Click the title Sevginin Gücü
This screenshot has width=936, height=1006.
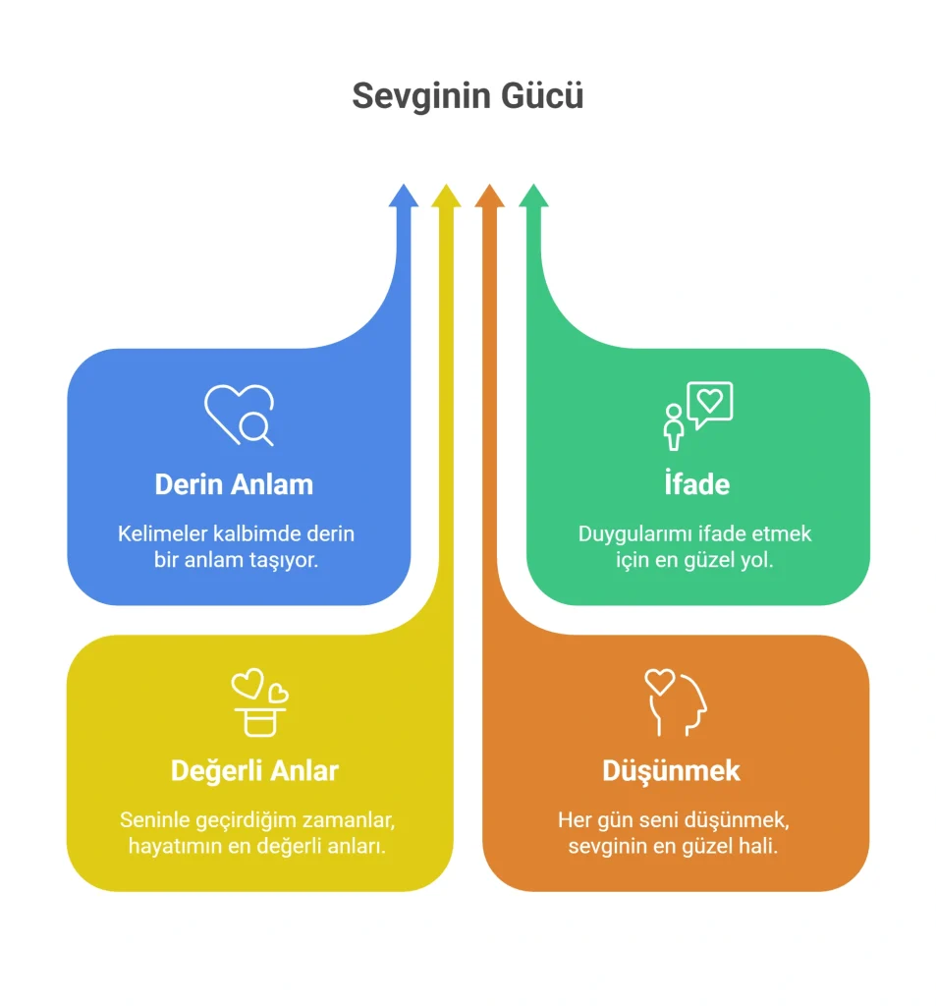tap(468, 96)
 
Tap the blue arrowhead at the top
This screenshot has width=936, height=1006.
tap(404, 196)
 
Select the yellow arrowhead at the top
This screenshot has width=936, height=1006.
tap(446, 196)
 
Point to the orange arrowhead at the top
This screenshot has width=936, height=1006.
tap(489, 196)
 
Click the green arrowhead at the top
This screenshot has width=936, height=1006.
tap(533, 196)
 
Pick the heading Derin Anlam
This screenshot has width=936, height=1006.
tap(234, 484)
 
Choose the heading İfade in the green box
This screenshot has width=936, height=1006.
tap(696, 482)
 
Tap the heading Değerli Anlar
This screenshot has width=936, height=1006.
tap(254, 771)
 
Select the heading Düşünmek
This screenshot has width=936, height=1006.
tap(671, 771)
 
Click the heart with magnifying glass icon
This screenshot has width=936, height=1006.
tap(239, 416)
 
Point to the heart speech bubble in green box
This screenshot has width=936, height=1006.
tap(709, 405)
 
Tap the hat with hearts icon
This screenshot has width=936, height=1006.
tap(260, 702)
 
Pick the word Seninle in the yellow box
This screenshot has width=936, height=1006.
tap(154, 820)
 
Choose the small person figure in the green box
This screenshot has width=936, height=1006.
tap(673, 427)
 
